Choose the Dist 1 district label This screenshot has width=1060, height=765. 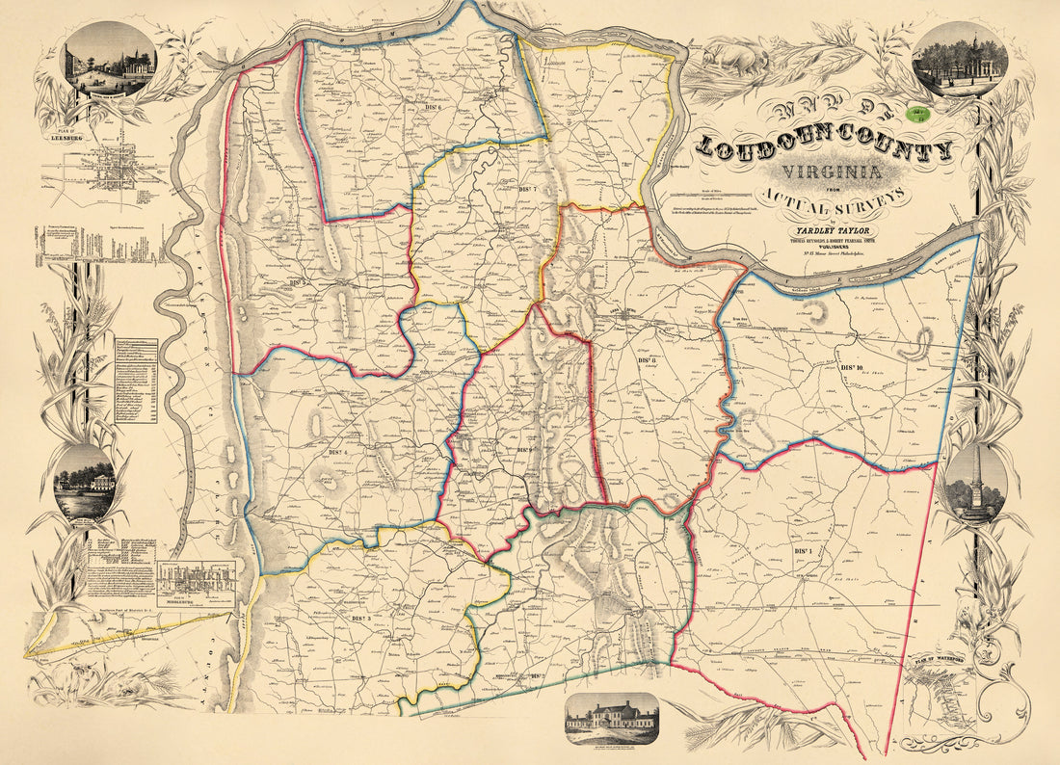(804, 550)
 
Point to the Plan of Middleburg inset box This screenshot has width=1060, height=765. (196, 582)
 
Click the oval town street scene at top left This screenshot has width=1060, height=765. (108, 59)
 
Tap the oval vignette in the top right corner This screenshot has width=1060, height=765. (959, 60)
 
